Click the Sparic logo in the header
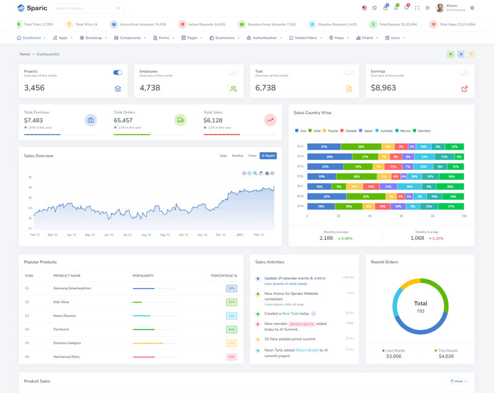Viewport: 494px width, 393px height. (33, 8)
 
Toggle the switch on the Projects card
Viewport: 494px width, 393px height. (117, 73)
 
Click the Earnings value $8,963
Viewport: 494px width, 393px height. (383, 88)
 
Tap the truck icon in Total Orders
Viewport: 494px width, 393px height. (180, 120)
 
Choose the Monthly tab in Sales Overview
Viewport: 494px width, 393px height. (237, 156)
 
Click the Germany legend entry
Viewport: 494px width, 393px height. (424, 131)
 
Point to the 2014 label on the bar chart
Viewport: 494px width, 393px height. (300, 156)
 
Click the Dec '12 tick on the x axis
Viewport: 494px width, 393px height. (221, 235)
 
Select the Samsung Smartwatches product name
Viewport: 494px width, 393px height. (73, 289)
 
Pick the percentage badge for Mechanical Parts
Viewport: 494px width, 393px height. (232, 357)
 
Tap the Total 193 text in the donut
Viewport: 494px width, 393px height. (421, 306)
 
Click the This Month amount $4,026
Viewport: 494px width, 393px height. (446, 356)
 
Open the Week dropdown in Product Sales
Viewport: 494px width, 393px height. (459, 381)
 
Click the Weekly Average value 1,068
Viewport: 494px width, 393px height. (417, 238)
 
